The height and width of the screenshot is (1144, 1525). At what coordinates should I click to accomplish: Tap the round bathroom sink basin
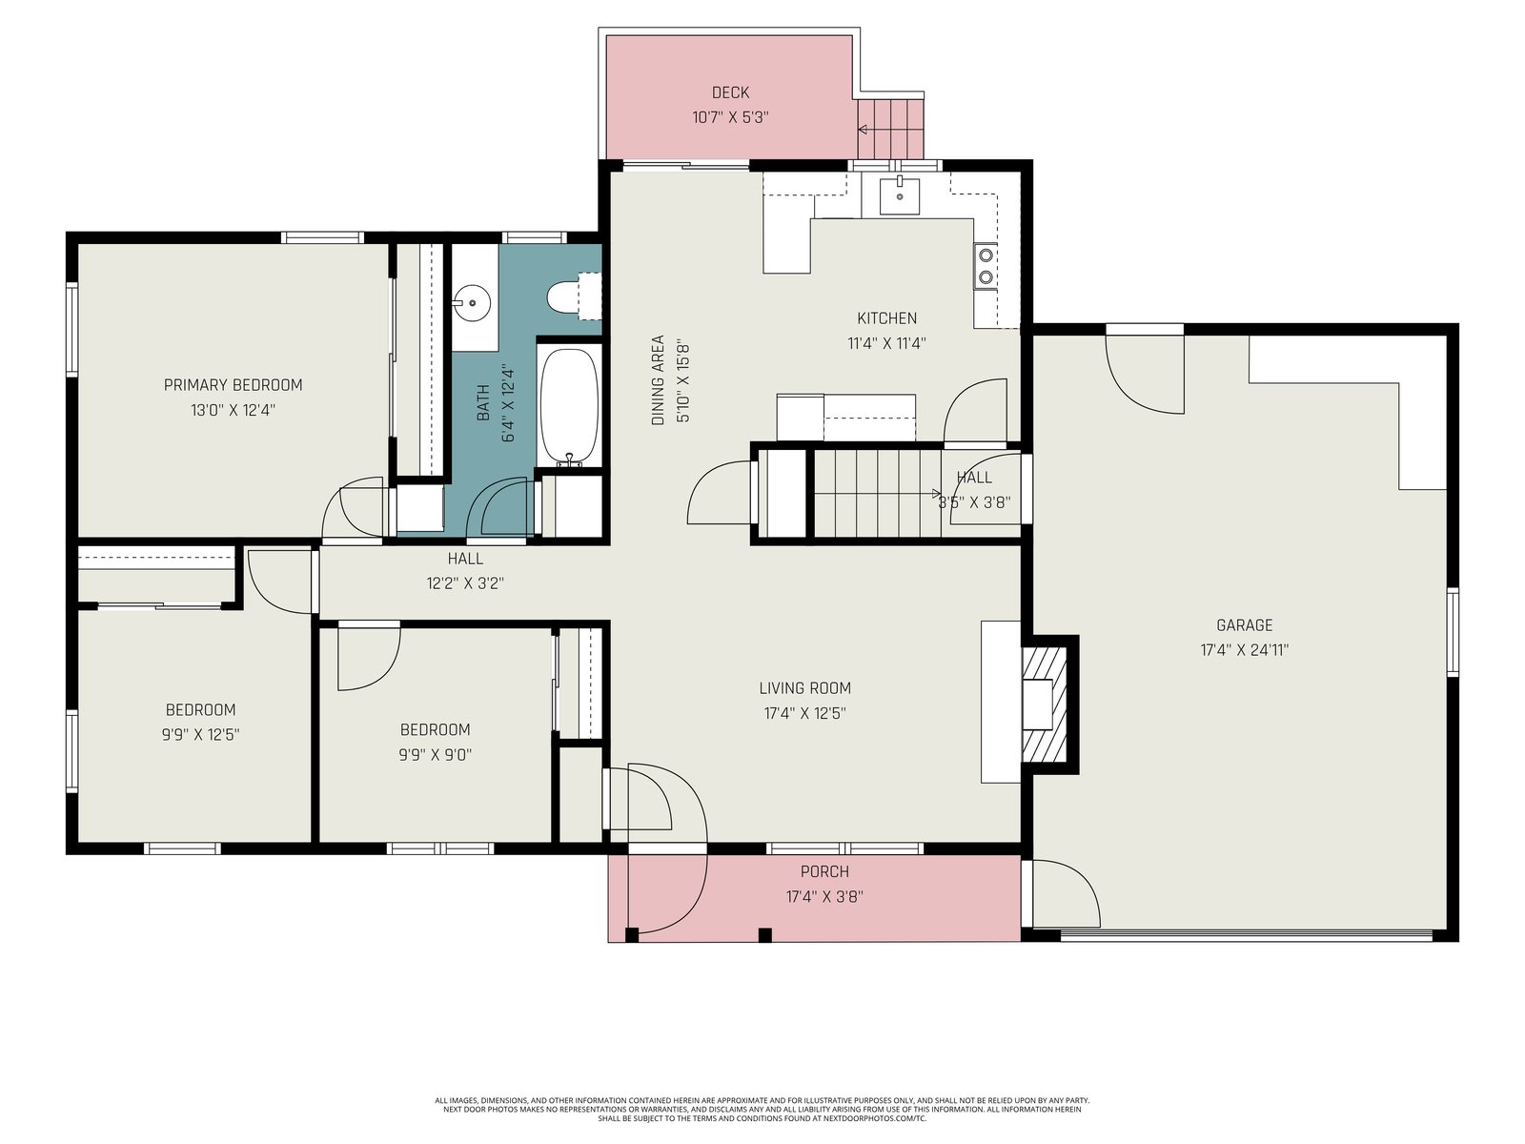click(x=473, y=303)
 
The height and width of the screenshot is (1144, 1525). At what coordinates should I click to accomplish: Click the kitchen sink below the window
click(x=900, y=195)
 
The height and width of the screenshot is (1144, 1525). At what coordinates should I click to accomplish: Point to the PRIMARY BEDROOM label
click(x=233, y=385)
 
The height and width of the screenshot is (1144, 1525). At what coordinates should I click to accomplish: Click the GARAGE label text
click(x=1245, y=625)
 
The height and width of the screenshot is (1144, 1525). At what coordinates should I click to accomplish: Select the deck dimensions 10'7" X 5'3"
click(x=730, y=117)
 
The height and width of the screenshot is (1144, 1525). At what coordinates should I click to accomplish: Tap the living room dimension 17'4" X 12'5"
click(x=805, y=713)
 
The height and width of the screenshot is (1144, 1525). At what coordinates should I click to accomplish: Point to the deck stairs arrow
click(x=863, y=130)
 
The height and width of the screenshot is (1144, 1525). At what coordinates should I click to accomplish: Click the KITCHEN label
click(x=886, y=318)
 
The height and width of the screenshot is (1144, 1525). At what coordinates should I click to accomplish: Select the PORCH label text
click(x=824, y=871)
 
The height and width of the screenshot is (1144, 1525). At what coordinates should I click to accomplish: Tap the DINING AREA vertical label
click(x=658, y=380)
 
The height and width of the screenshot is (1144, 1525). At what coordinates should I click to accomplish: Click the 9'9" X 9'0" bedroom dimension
click(x=435, y=755)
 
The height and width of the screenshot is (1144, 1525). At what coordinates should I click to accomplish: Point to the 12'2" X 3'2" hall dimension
click(x=465, y=583)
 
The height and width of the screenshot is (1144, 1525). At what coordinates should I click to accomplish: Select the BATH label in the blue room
click(x=483, y=403)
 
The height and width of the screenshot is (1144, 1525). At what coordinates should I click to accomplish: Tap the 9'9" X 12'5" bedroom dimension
click(x=200, y=735)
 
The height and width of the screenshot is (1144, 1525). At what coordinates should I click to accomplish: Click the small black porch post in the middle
click(x=764, y=935)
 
